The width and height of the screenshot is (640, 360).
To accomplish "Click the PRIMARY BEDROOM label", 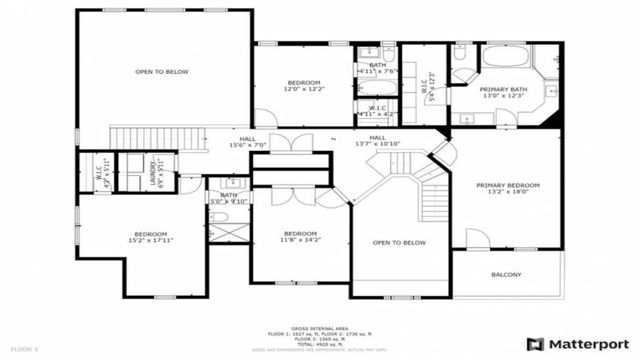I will pos(507,185).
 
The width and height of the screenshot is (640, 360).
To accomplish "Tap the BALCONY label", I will pos(506,275).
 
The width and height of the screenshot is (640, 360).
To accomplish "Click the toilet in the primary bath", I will pos(459,54).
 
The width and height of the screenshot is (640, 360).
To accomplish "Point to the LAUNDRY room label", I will pos(153,172).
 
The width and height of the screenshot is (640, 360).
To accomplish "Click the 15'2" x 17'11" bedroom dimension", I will pos(151,240).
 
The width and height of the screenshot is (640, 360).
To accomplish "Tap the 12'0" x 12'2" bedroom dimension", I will pos(304,89).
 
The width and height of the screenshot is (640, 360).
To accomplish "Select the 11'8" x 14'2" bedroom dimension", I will pos(300,240).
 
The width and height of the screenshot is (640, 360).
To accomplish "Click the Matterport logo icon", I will pos(534,344).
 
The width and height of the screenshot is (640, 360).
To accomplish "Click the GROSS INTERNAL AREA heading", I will pos(319,328).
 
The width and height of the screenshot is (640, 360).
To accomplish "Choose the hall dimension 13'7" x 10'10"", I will pos(378,144).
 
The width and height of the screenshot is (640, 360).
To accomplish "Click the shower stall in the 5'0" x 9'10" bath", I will pos(228,232).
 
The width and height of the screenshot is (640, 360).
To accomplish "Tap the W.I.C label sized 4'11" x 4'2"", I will pos(376,111).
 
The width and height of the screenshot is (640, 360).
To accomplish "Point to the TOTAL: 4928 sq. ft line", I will pos(319,344).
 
